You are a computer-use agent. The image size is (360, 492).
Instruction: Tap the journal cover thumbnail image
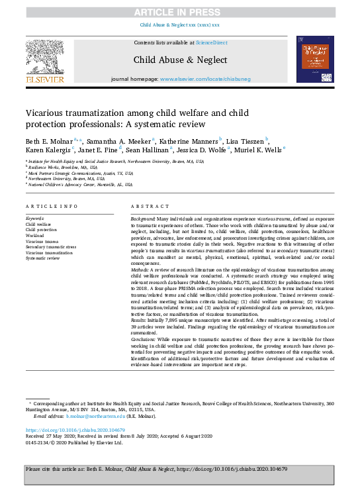[315, 60]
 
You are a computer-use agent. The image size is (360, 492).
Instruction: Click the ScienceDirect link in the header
[211, 42]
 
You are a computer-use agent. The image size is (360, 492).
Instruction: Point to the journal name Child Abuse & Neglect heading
[180, 59]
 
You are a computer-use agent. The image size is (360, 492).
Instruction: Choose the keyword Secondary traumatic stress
[52, 247]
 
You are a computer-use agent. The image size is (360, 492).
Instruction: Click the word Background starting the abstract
[143, 218]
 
